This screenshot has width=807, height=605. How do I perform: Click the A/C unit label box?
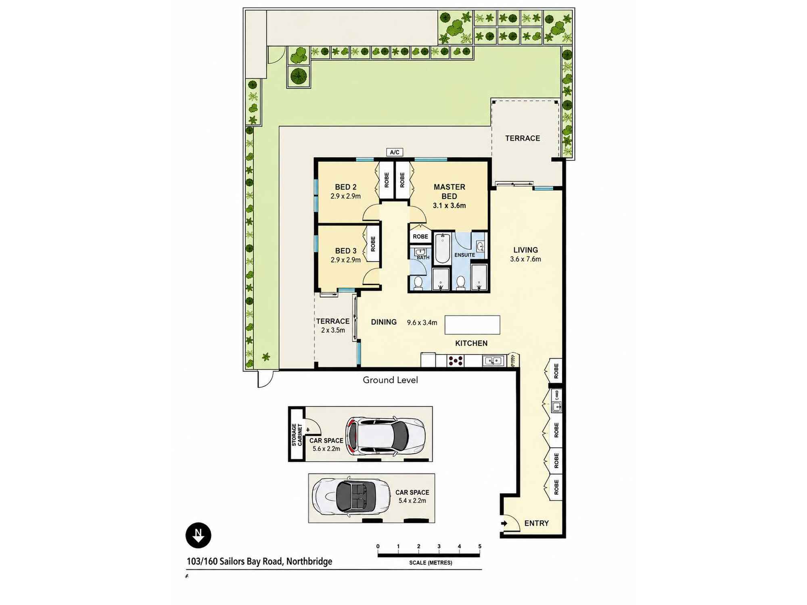[x=395, y=152]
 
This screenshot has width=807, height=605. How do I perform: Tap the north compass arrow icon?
[x=198, y=535]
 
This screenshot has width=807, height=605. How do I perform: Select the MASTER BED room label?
[x=449, y=192]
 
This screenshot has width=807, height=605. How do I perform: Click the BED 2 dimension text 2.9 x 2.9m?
[x=345, y=196]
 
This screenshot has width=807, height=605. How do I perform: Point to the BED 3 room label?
[x=346, y=251]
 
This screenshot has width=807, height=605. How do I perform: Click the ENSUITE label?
[x=464, y=255]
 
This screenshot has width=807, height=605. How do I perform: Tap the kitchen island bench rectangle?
[x=472, y=325]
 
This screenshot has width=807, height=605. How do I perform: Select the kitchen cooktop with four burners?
[x=456, y=361]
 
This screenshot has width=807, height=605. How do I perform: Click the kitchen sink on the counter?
[x=493, y=361]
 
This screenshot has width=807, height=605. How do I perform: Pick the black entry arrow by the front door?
[x=504, y=524]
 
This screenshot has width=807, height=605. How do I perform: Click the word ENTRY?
[x=536, y=523]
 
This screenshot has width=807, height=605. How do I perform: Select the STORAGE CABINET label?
[x=297, y=434]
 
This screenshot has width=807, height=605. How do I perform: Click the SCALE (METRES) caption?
[x=430, y=563]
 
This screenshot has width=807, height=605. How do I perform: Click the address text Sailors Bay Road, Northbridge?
[x=276, y=561]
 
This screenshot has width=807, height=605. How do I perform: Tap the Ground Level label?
[x=390, y=380]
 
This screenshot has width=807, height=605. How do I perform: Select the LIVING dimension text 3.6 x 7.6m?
[x=525, y=259]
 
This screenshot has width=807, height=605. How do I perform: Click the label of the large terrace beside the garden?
[x=523, y=138]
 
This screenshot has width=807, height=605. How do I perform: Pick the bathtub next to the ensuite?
[x=442, y=248]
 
